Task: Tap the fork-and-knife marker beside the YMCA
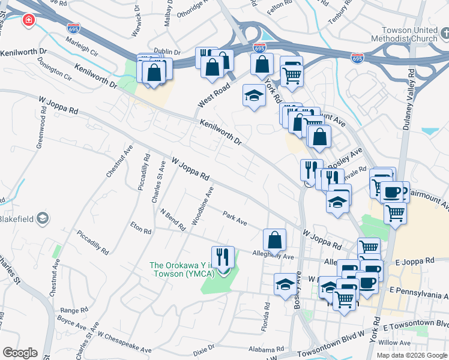click(222, 257)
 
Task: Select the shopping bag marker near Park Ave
click(274, 240)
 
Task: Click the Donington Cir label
click(54, 70)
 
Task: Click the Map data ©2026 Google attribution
click(411, 355)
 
